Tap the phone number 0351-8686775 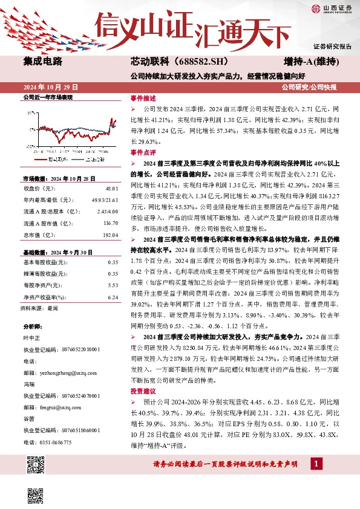[54, 443]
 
